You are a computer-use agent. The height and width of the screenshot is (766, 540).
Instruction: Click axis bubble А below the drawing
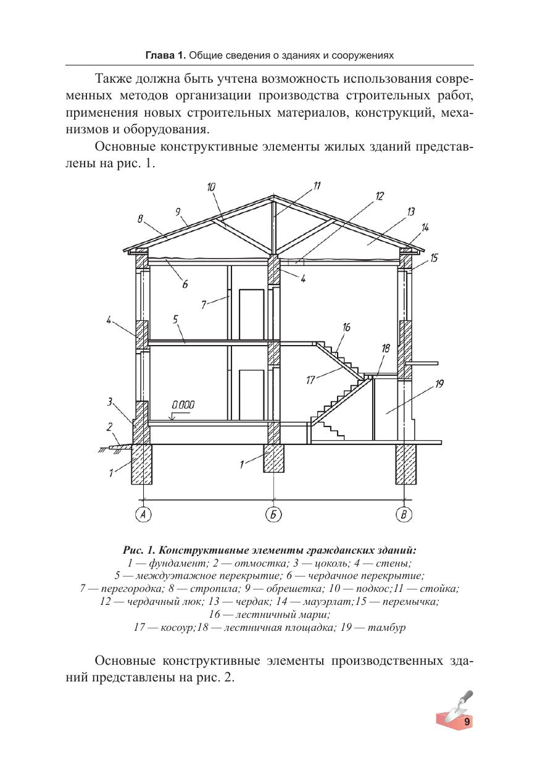pos(143,514)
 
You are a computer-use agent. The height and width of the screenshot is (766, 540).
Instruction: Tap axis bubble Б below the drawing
pos(273,514)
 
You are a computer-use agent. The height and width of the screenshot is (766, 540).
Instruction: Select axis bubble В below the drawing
pos(404,514)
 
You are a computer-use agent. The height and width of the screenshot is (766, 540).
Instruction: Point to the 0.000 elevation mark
pos(183,406)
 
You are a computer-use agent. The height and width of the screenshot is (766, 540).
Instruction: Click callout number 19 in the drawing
pos(439,384)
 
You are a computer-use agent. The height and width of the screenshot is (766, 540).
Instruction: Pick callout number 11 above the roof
pos(317,186)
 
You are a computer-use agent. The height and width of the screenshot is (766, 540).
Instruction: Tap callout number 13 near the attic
pos(410,212)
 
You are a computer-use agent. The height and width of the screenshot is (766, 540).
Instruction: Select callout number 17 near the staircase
pos(311,380)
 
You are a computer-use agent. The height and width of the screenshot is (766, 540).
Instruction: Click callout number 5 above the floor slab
pos(175,319)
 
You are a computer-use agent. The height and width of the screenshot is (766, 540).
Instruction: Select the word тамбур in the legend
pos(386,628)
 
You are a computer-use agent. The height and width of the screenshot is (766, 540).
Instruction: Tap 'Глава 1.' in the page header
pos(165,56)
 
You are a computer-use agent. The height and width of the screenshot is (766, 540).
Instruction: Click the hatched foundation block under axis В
pos(404,464)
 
